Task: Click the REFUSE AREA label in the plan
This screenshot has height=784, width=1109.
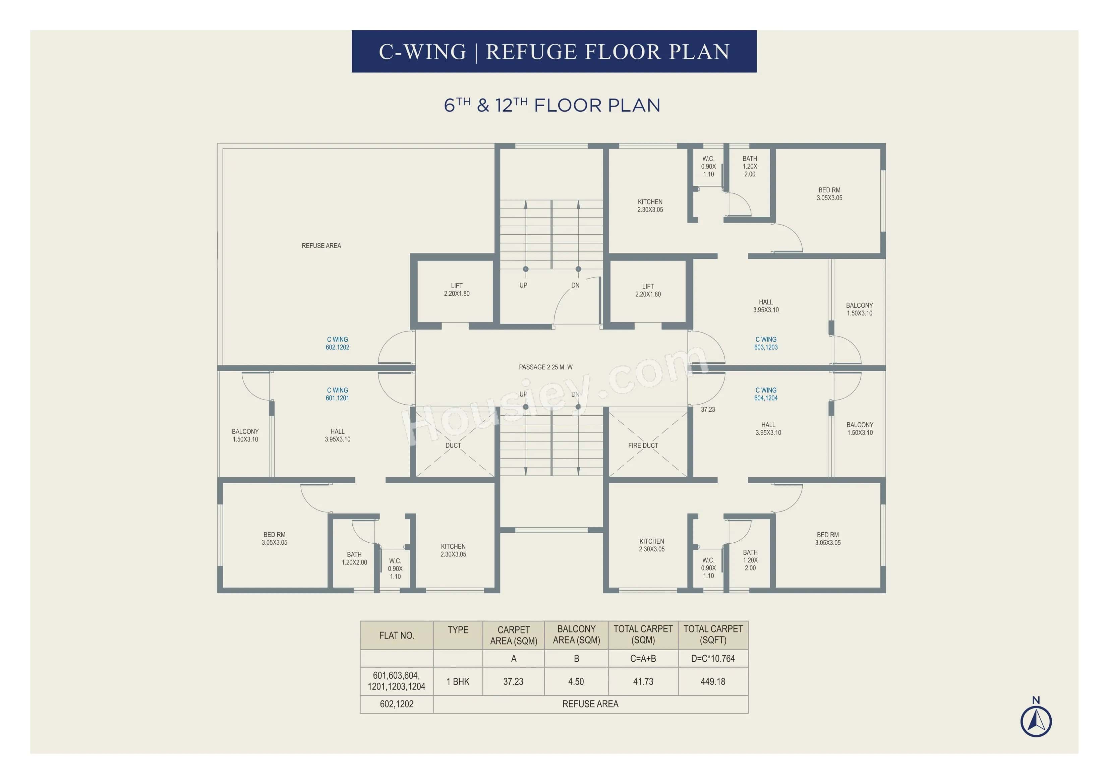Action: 321,246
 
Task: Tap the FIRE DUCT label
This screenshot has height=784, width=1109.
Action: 643,445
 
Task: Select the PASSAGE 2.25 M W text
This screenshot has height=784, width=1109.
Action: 545,367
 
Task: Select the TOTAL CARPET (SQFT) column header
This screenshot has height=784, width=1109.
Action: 713,634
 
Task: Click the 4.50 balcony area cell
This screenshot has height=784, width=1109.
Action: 576,681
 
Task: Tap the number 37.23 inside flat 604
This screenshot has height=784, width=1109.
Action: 708,410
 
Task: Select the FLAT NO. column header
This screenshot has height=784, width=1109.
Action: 397,635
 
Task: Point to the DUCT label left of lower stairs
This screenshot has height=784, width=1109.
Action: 453,445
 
